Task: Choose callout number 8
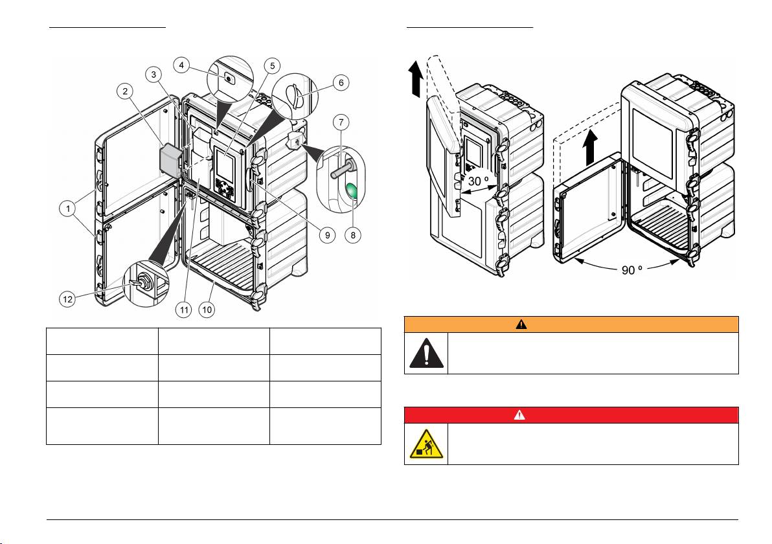click(353, 235)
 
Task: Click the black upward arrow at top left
click(415, 78)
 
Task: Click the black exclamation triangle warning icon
click(426, 353)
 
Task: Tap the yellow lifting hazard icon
click(426, 444)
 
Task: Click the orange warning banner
click(571, 324)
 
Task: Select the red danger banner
click(571, 414)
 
